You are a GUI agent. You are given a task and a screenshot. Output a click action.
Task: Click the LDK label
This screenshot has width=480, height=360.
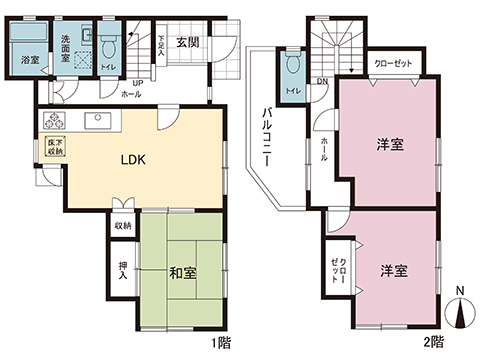134,161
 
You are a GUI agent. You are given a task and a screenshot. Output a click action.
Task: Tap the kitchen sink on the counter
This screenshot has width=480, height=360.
99,122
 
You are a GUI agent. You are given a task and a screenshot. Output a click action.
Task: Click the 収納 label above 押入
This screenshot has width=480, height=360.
121,228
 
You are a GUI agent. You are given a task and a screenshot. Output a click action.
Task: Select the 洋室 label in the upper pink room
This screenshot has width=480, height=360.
391,144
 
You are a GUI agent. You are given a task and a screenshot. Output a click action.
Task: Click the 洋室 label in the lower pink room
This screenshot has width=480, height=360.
392,270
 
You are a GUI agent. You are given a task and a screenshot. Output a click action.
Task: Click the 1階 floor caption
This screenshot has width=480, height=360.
222,342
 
